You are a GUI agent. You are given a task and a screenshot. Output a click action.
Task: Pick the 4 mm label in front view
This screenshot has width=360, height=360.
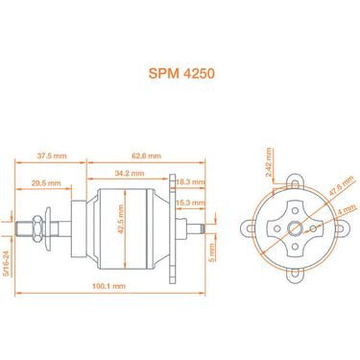(344, 208)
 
